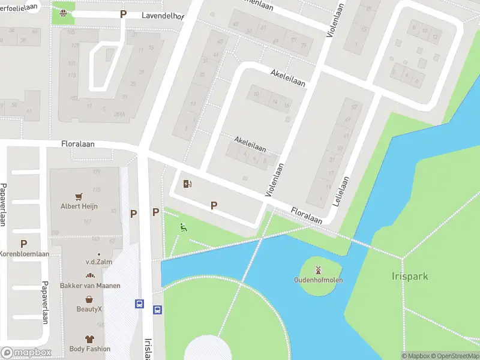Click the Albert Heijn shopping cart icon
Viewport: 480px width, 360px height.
(79, 196)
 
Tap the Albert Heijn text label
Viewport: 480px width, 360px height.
(79, 206)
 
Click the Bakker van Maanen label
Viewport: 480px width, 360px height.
(90, 286)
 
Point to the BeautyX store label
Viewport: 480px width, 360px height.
(89, 309)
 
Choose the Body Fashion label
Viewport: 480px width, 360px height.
(89, 349)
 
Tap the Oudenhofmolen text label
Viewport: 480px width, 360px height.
(318, 280)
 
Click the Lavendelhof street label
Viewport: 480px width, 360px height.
(162, 16)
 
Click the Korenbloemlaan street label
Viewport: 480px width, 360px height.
(25, 254)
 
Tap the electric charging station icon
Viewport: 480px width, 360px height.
(187, 184)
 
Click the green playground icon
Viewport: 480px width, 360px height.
(184, 226)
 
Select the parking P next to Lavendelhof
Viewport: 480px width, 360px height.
(124, 14)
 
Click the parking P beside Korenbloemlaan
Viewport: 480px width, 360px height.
(23, 244)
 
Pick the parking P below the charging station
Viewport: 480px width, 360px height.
(214, 206)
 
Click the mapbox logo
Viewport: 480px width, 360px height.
(26, 353)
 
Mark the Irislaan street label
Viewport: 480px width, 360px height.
(148, 348)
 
